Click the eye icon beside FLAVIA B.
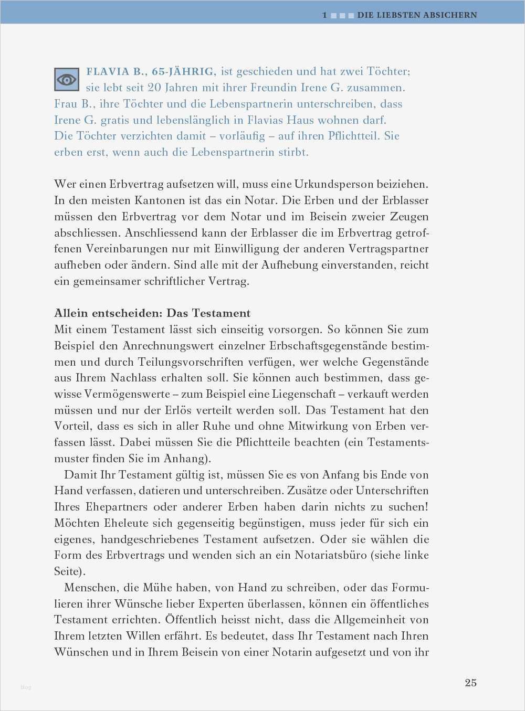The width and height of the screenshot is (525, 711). pyautogui.click(x=67, y=80)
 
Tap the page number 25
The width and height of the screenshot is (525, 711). pyautogui.click(x=470, y=683)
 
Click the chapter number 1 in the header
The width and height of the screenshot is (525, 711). pyautogui.click(x=324, y=15)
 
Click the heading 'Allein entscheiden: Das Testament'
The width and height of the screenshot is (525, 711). pyautogui.click(x=152, y=313)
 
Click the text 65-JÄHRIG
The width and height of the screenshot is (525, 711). pyautogui.click(x=183, y=71)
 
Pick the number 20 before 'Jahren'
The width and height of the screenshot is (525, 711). pyautogui.click(x=154, y=88)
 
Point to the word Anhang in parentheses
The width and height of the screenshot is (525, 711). pyautogui.click(x=184, y=459)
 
